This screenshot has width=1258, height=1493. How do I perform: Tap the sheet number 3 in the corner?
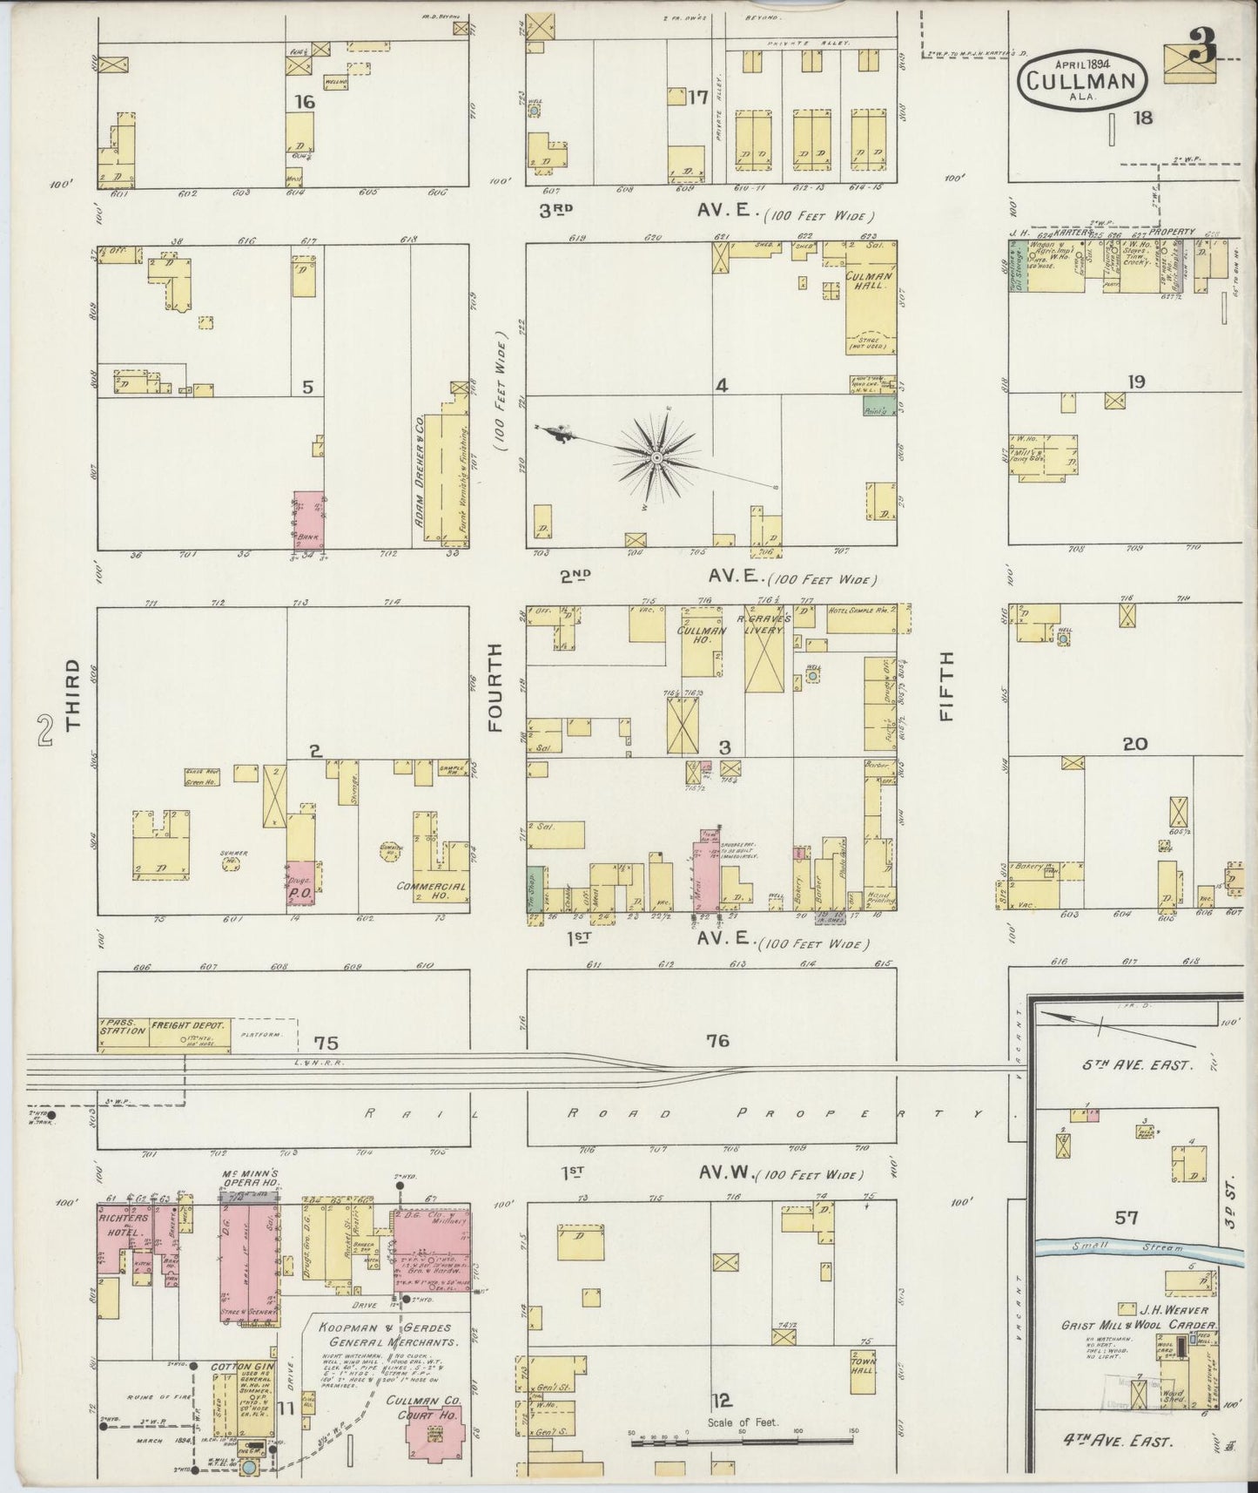[x=1202, y=51]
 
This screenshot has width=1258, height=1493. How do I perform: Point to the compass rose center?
[x=656, y=456]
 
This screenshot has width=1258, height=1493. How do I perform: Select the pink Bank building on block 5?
[x=308, y=519]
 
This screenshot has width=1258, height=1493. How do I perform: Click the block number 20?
[x=1134, y=744]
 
